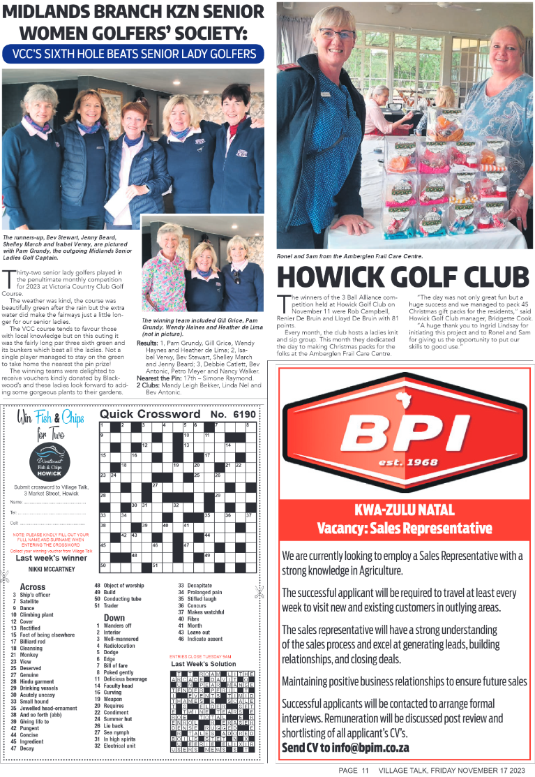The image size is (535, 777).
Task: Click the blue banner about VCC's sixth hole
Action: coord(133,54)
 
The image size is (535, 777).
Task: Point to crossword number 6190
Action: coord(245,414)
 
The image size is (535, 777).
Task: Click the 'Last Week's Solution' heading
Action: coord(204,664)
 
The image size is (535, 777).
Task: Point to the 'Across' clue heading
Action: coord(33,587)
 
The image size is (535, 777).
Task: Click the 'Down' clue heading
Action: coord(114,618)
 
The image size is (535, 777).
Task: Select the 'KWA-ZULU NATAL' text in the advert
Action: coord(405,509)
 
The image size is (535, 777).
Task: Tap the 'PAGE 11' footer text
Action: coord(354,770)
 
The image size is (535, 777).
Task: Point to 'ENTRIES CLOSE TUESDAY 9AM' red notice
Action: coord(202,656)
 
